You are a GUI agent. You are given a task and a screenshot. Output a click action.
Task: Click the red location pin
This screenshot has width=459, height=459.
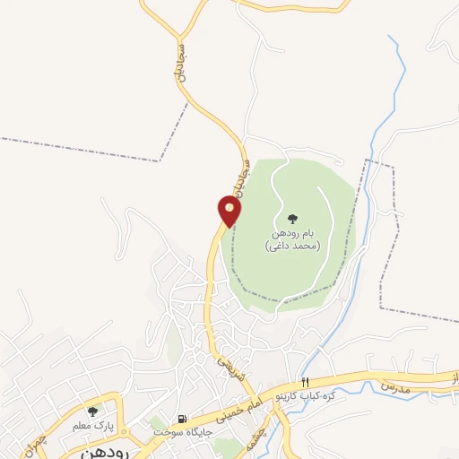point(229,212)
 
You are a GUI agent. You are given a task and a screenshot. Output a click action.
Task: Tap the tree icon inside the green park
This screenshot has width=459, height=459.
point(292,218)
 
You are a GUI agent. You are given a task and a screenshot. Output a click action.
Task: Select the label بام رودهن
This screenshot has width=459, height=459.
point(292,233)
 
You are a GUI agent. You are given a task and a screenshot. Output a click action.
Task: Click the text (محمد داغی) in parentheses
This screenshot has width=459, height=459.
point(292,245)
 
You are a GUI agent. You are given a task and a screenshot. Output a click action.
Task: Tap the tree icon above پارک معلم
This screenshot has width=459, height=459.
point(92,411)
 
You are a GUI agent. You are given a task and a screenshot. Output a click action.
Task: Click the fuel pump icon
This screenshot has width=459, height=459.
point(183,419)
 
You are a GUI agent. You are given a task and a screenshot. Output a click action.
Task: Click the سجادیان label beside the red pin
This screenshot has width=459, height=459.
point(236,173)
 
